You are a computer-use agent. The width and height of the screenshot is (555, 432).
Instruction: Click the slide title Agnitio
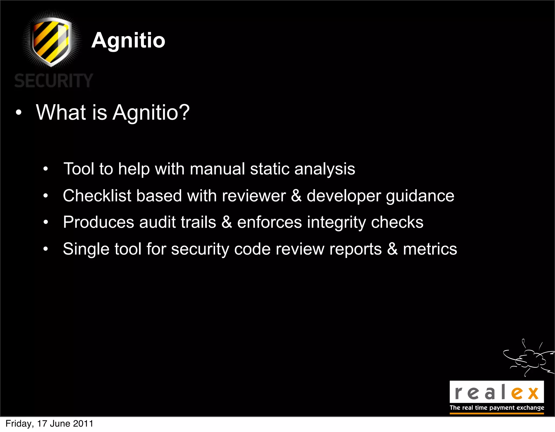click(x=128, y=40)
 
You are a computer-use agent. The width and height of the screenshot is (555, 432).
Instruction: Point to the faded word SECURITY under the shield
click(x=54, y=81)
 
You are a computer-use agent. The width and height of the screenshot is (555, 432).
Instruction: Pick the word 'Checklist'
click(x=97, y=196)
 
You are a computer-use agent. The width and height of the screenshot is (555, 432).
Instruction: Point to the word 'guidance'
click(x=420, y=196)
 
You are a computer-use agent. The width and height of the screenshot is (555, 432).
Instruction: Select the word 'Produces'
click(x=99, y=222)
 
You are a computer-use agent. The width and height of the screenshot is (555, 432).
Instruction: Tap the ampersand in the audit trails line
click(x=227, y=222)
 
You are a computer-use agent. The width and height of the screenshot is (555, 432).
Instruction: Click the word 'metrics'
click(x=430, y=249)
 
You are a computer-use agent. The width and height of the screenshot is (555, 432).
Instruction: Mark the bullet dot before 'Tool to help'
click(x=46, y=169)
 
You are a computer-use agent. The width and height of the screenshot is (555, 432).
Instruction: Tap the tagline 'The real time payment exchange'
click(x=497, y=408)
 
